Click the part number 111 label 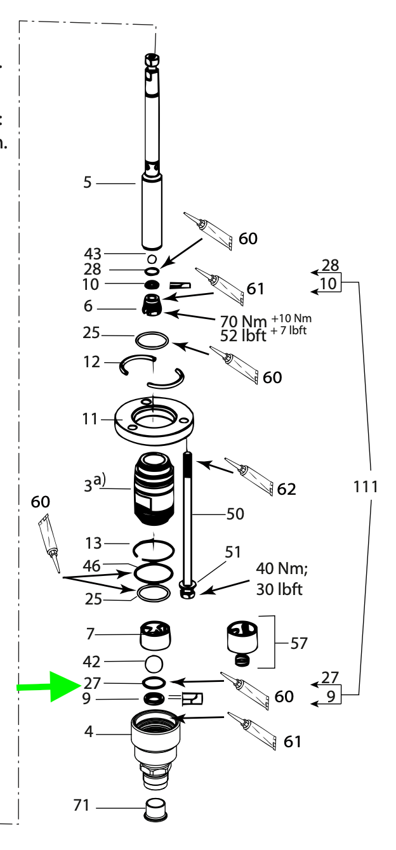366,487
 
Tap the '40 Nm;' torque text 281,566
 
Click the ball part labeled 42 154,664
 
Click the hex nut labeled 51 187,594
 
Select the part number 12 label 92,362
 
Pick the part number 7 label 91,633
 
